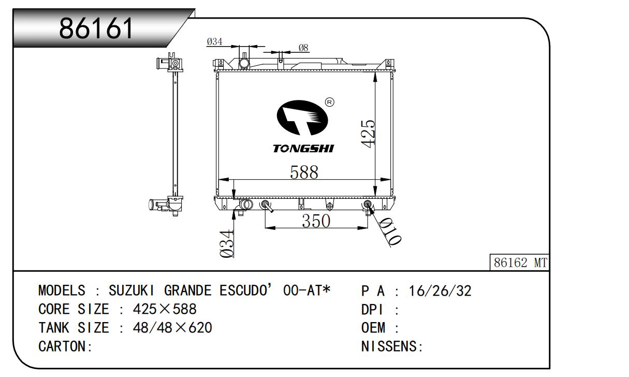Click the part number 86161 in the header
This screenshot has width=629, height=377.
(97, 29)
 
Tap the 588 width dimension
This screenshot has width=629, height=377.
(304, 172)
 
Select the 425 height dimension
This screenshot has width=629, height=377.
(368, 134)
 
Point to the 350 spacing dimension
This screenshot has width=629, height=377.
(316, 221)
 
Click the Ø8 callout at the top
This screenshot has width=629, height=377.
(303, 48)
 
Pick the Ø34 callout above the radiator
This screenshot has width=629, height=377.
(214, 42)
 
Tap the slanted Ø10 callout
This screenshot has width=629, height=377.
(390, 231)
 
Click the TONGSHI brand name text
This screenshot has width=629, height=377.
(303, 149)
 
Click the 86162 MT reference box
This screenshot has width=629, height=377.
(520, 263)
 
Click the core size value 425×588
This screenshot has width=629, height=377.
(165, 310)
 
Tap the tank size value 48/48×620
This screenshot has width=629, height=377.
(172, 328)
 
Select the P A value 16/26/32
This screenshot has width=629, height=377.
(440, 291)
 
